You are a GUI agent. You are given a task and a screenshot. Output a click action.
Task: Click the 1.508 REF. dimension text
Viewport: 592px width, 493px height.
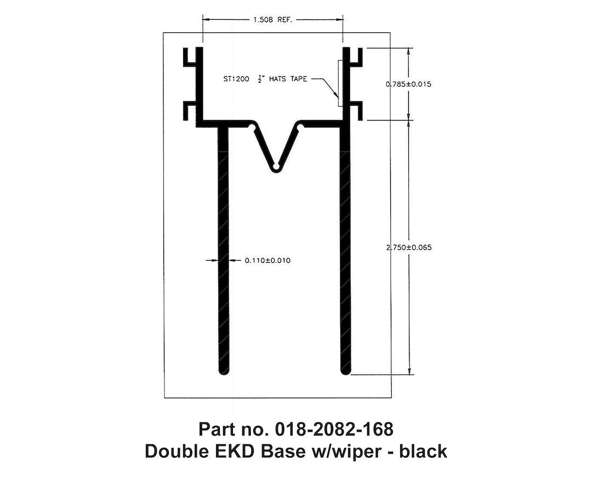click(273, 20)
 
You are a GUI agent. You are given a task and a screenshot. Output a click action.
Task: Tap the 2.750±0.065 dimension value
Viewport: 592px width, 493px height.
click(408, 248)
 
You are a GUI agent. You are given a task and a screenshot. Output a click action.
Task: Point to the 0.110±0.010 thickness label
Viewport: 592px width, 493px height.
click(267, 261)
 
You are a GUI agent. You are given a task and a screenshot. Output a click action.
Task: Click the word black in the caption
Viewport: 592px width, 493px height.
click(423, 452)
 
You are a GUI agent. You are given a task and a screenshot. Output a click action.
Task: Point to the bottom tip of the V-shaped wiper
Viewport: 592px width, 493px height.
click(277, 166)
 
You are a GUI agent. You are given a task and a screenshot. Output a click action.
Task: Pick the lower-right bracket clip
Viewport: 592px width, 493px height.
click(356, 110)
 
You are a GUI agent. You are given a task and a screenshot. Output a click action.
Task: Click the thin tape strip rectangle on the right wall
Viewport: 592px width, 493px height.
click(340, 83)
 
